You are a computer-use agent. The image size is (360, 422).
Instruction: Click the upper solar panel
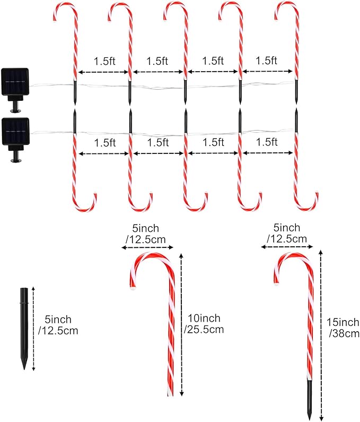coord(15,82)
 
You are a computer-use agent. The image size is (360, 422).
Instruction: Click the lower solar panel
coord(15,131)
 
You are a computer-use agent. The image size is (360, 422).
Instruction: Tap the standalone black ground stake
coord(24,329)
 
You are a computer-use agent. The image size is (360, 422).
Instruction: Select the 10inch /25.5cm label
coord(204,324)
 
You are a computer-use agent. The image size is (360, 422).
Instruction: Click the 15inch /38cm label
coord(343,328)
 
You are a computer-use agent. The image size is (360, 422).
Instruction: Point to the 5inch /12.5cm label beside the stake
coord(58,325)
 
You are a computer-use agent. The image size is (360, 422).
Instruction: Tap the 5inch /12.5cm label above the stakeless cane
coord(146,234)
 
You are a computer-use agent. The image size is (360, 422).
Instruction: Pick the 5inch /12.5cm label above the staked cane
coord(287,233)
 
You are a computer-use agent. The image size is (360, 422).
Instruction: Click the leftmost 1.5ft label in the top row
coord(104,61)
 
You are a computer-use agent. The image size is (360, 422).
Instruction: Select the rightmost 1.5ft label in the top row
coord(266,61)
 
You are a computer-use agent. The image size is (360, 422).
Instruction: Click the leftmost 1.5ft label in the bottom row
coord(105,143)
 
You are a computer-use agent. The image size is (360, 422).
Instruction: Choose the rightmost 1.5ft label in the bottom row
coord(267,142)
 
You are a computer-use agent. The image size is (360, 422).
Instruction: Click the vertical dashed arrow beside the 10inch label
coord(181,324)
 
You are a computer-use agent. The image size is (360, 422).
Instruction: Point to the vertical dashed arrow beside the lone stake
coord(33,329)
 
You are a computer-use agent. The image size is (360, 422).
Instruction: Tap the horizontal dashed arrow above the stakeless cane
coord(147,247)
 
